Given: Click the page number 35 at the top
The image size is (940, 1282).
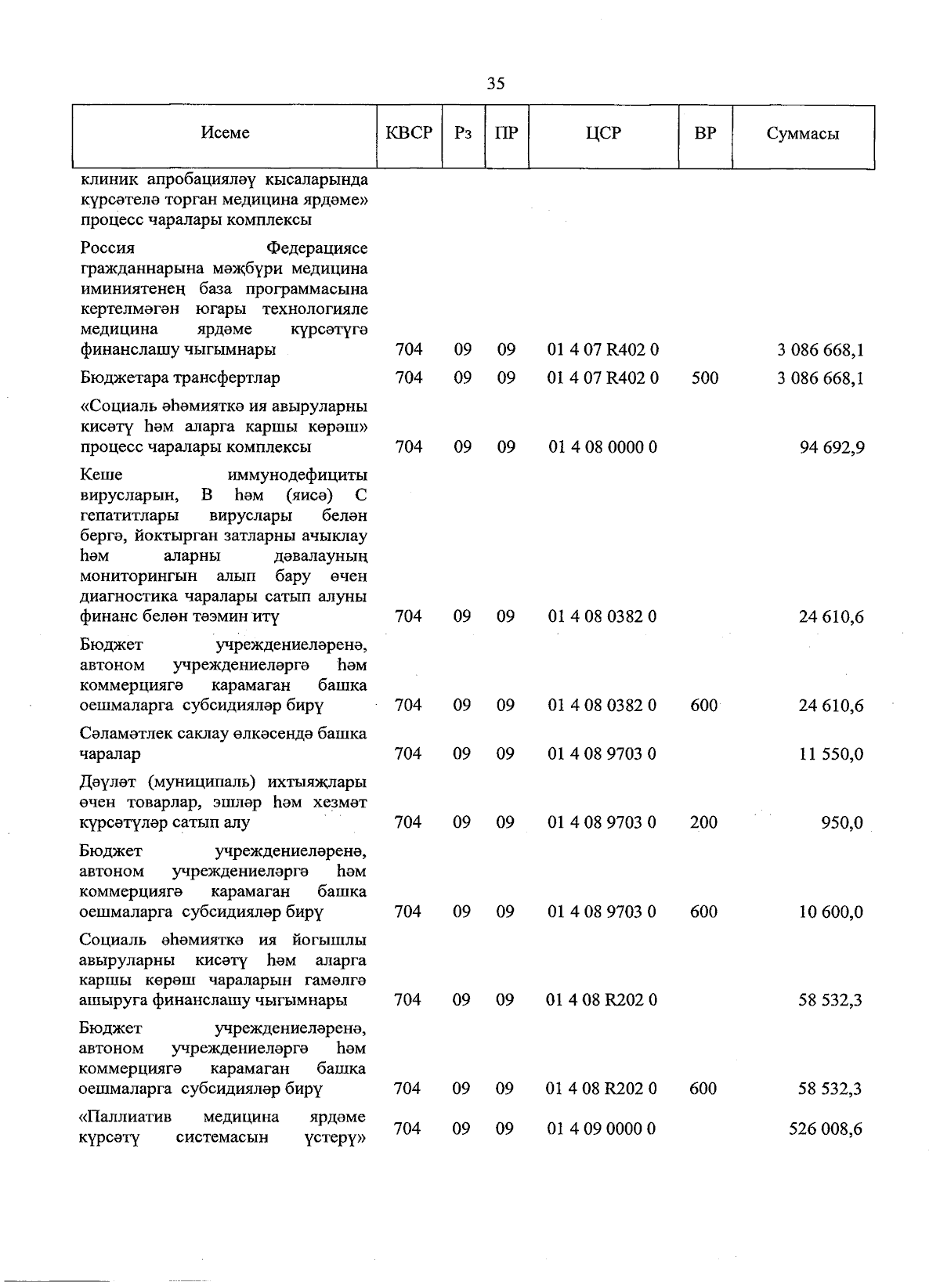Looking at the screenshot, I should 495,84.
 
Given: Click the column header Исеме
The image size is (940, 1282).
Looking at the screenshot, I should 225,133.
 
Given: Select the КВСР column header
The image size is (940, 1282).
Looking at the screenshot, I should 409,133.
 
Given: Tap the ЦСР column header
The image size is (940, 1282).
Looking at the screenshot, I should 602,133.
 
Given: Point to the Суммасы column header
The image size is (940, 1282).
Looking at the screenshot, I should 802,134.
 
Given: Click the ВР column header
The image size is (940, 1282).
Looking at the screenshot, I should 705,133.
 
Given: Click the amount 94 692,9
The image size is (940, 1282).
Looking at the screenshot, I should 832,448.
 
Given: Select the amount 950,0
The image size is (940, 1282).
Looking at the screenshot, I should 841,823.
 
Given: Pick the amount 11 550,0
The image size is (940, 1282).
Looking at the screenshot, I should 832,754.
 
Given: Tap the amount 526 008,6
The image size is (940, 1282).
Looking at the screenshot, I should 826,1129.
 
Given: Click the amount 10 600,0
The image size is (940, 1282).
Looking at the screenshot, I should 831,912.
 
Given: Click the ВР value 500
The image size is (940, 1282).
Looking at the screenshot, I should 705,378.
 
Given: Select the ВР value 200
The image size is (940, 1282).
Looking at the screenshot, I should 704,822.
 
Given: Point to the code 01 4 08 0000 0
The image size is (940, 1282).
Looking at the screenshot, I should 602,447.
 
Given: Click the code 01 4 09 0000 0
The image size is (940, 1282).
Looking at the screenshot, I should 602,1129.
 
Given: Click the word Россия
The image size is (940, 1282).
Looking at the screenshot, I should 107,248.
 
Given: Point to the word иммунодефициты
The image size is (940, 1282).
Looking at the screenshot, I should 297,475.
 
